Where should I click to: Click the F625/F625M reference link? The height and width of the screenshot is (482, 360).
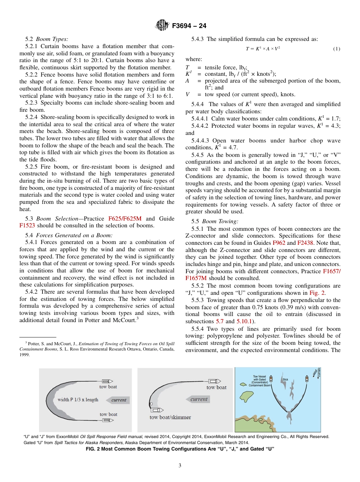125,219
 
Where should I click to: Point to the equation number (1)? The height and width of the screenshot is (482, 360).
336,49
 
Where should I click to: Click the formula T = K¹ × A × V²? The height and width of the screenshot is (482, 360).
263,49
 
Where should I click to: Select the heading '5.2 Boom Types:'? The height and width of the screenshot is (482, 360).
47,39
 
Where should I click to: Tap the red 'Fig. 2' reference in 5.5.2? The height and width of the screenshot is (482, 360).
315,293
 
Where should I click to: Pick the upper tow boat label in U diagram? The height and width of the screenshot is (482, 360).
108,387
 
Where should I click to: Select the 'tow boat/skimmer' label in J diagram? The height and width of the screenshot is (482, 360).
170,417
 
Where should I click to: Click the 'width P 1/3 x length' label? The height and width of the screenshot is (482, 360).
78,400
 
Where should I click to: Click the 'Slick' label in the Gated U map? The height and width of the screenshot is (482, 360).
285,379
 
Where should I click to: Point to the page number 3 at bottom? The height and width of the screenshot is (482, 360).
180,465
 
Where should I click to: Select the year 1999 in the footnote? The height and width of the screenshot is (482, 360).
25,355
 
